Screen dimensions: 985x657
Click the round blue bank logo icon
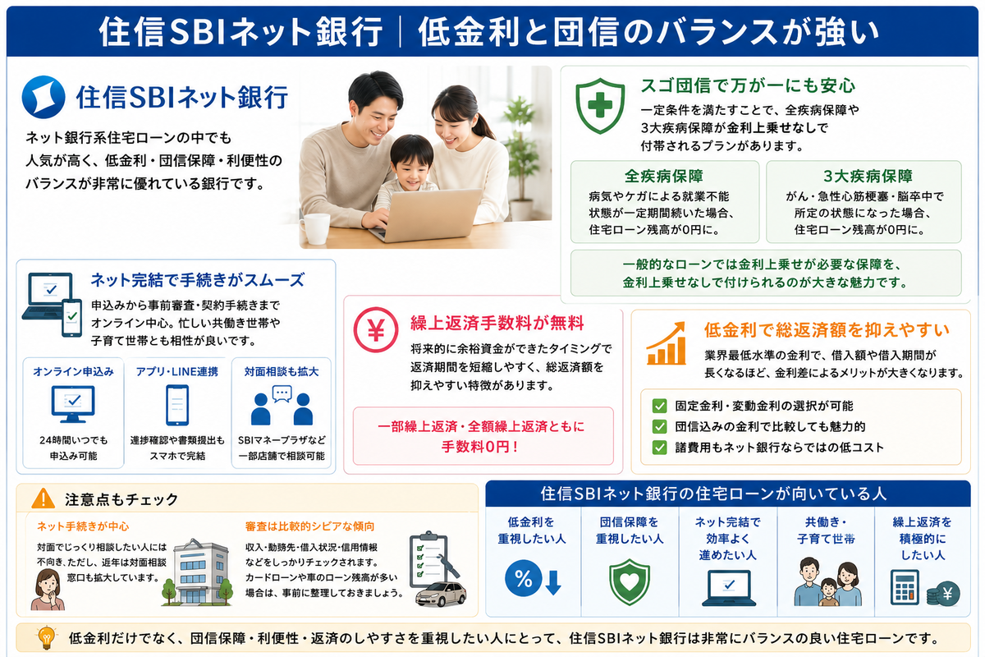[44, 97]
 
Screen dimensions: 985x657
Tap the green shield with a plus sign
[600, 106]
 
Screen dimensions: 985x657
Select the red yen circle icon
[376, 329]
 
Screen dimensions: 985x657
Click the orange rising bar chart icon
[667, 343]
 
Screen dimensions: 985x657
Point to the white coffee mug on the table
[315, 228]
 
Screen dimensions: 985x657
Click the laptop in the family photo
[428, 215]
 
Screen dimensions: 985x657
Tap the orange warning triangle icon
[43, 498]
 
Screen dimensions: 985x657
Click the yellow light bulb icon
[47, 638]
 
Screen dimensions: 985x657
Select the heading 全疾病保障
[664, 176]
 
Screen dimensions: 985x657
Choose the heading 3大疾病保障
[868, 176]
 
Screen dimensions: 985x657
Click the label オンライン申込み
[73, 371]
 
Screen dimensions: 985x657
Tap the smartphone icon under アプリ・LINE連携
[177, 405]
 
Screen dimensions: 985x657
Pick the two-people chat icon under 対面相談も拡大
[282, 405]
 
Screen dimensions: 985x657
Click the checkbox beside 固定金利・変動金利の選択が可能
[659, 406]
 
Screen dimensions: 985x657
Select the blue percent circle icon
[524, 578]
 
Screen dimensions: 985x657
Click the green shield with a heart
[630, 581]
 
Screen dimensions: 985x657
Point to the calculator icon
[905, 587]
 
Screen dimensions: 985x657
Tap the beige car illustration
[441, 594]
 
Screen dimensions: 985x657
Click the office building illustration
[199, 572]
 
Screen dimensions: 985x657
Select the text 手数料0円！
[480, 447]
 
